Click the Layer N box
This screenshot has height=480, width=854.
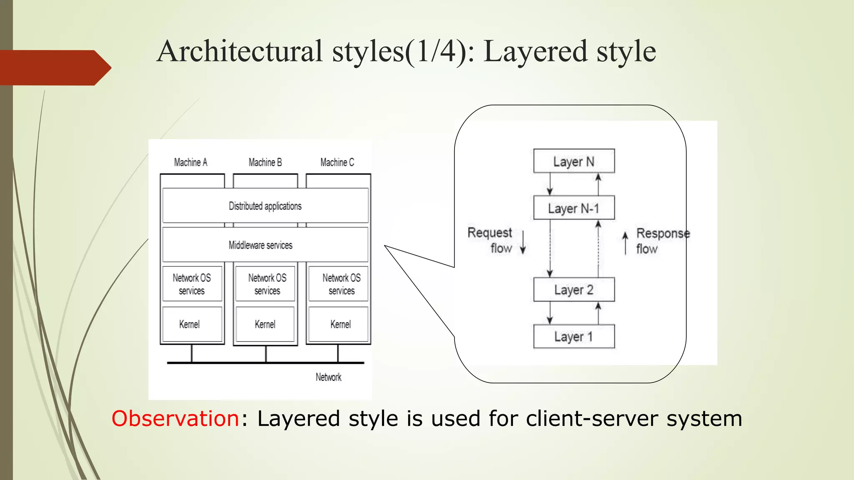574,161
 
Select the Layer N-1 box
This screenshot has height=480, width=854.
574,208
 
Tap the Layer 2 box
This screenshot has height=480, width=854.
574,290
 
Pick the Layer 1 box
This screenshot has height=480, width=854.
574,336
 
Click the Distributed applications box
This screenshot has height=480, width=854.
265,206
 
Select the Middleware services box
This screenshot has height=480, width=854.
265,245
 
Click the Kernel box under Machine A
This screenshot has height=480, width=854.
192,324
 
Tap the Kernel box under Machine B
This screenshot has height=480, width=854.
265,324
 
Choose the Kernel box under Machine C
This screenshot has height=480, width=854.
338,324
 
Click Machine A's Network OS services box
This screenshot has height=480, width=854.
192,284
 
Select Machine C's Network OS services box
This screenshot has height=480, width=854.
338,284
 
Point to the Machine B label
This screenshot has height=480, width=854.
265,162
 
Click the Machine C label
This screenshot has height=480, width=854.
337,162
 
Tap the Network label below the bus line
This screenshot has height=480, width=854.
328,377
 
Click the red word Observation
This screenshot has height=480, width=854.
175,418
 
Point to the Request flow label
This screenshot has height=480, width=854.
491,240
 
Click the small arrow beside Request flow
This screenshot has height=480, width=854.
523,242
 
